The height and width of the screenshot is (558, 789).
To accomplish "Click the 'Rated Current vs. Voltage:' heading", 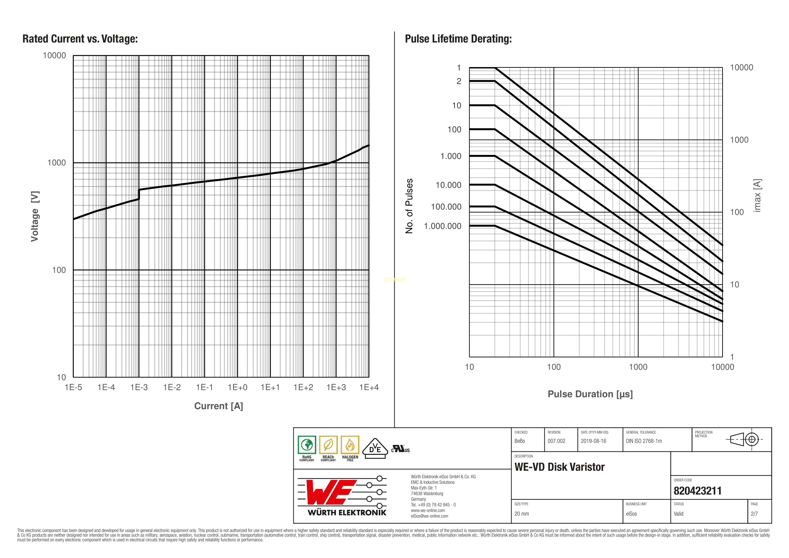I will tap(80, 39).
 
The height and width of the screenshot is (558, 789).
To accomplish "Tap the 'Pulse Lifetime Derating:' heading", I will tap(458, 39).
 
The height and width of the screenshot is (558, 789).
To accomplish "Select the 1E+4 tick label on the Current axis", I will tap(369, 388).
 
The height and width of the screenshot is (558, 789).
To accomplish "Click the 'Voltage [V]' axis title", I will tap(35, 216).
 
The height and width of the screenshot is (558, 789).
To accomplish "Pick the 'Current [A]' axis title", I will tap(219, 406).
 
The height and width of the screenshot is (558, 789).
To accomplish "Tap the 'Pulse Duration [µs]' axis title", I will tap(590, 394).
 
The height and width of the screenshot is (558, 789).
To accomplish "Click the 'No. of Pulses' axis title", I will tap(409, 206).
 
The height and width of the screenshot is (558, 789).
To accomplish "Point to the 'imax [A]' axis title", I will tap(757, 195).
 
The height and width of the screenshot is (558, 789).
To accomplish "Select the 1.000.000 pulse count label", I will tap(443, 226).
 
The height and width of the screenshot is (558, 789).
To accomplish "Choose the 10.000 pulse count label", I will tap(448, 185).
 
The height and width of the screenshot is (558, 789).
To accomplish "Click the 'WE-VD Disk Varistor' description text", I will tap(559, 467).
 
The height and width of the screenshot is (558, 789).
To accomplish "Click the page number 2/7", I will tap(754, 514).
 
